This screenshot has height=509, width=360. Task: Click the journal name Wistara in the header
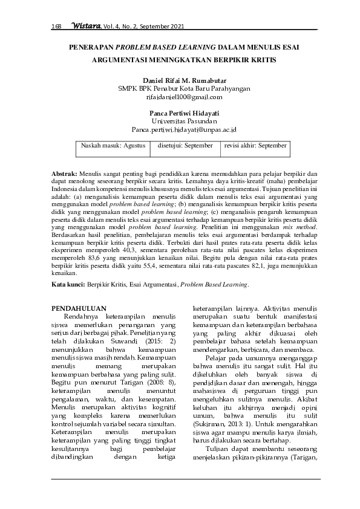point(85,27)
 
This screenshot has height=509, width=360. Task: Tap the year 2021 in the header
point(176,27)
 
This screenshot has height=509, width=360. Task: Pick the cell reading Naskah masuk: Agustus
point(113,146)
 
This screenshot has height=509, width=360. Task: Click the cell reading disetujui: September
point(185,146)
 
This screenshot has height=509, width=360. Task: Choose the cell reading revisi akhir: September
point(255,146)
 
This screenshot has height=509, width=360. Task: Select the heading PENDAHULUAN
point(79,308)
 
